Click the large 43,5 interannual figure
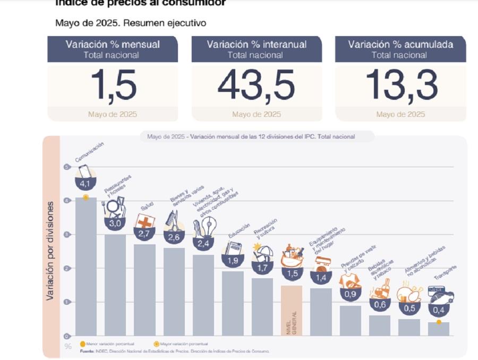click(x=257, y=85)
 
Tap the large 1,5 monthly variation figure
click(x=113, y=85)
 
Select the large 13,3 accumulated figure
click(x=401, y=85)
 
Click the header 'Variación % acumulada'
click(x=400, y=45)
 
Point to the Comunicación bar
click(x=86, y=265)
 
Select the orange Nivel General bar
click(x=291, y=311)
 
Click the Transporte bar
click(x=438, y=329)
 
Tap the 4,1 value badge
click(x=86, y=184)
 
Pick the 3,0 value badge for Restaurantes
click(x=115, y=223)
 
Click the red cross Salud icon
click(x=144, y=221)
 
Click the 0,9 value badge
click(x=350, y=294)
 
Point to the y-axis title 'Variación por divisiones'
click(x=50, y=251)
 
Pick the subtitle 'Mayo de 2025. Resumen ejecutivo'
click(x=131, y=23)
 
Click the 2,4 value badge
click(x=203, y=244)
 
